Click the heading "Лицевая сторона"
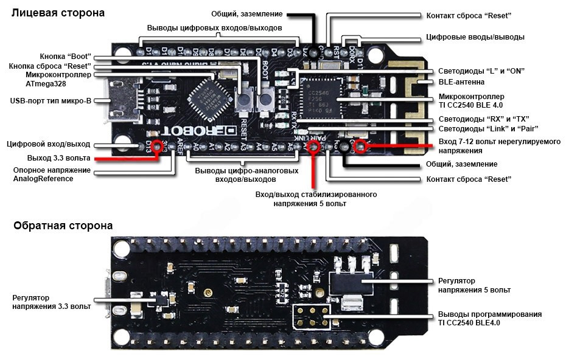point(58,13)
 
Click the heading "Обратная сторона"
point(63,226)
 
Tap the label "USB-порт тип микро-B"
point(51,100)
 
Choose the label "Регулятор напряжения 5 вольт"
point(474,285)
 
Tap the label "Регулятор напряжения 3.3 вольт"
point(52,302)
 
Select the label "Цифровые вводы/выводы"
point(475,37)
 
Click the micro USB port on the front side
point(115,101)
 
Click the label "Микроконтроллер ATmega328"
point(58,79)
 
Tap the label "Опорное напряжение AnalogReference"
point(52,175)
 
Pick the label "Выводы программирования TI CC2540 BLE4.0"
point(489,318)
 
